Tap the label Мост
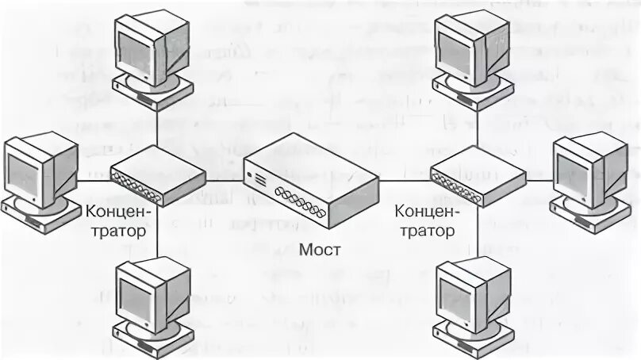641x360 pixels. (x=320, y=250)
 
